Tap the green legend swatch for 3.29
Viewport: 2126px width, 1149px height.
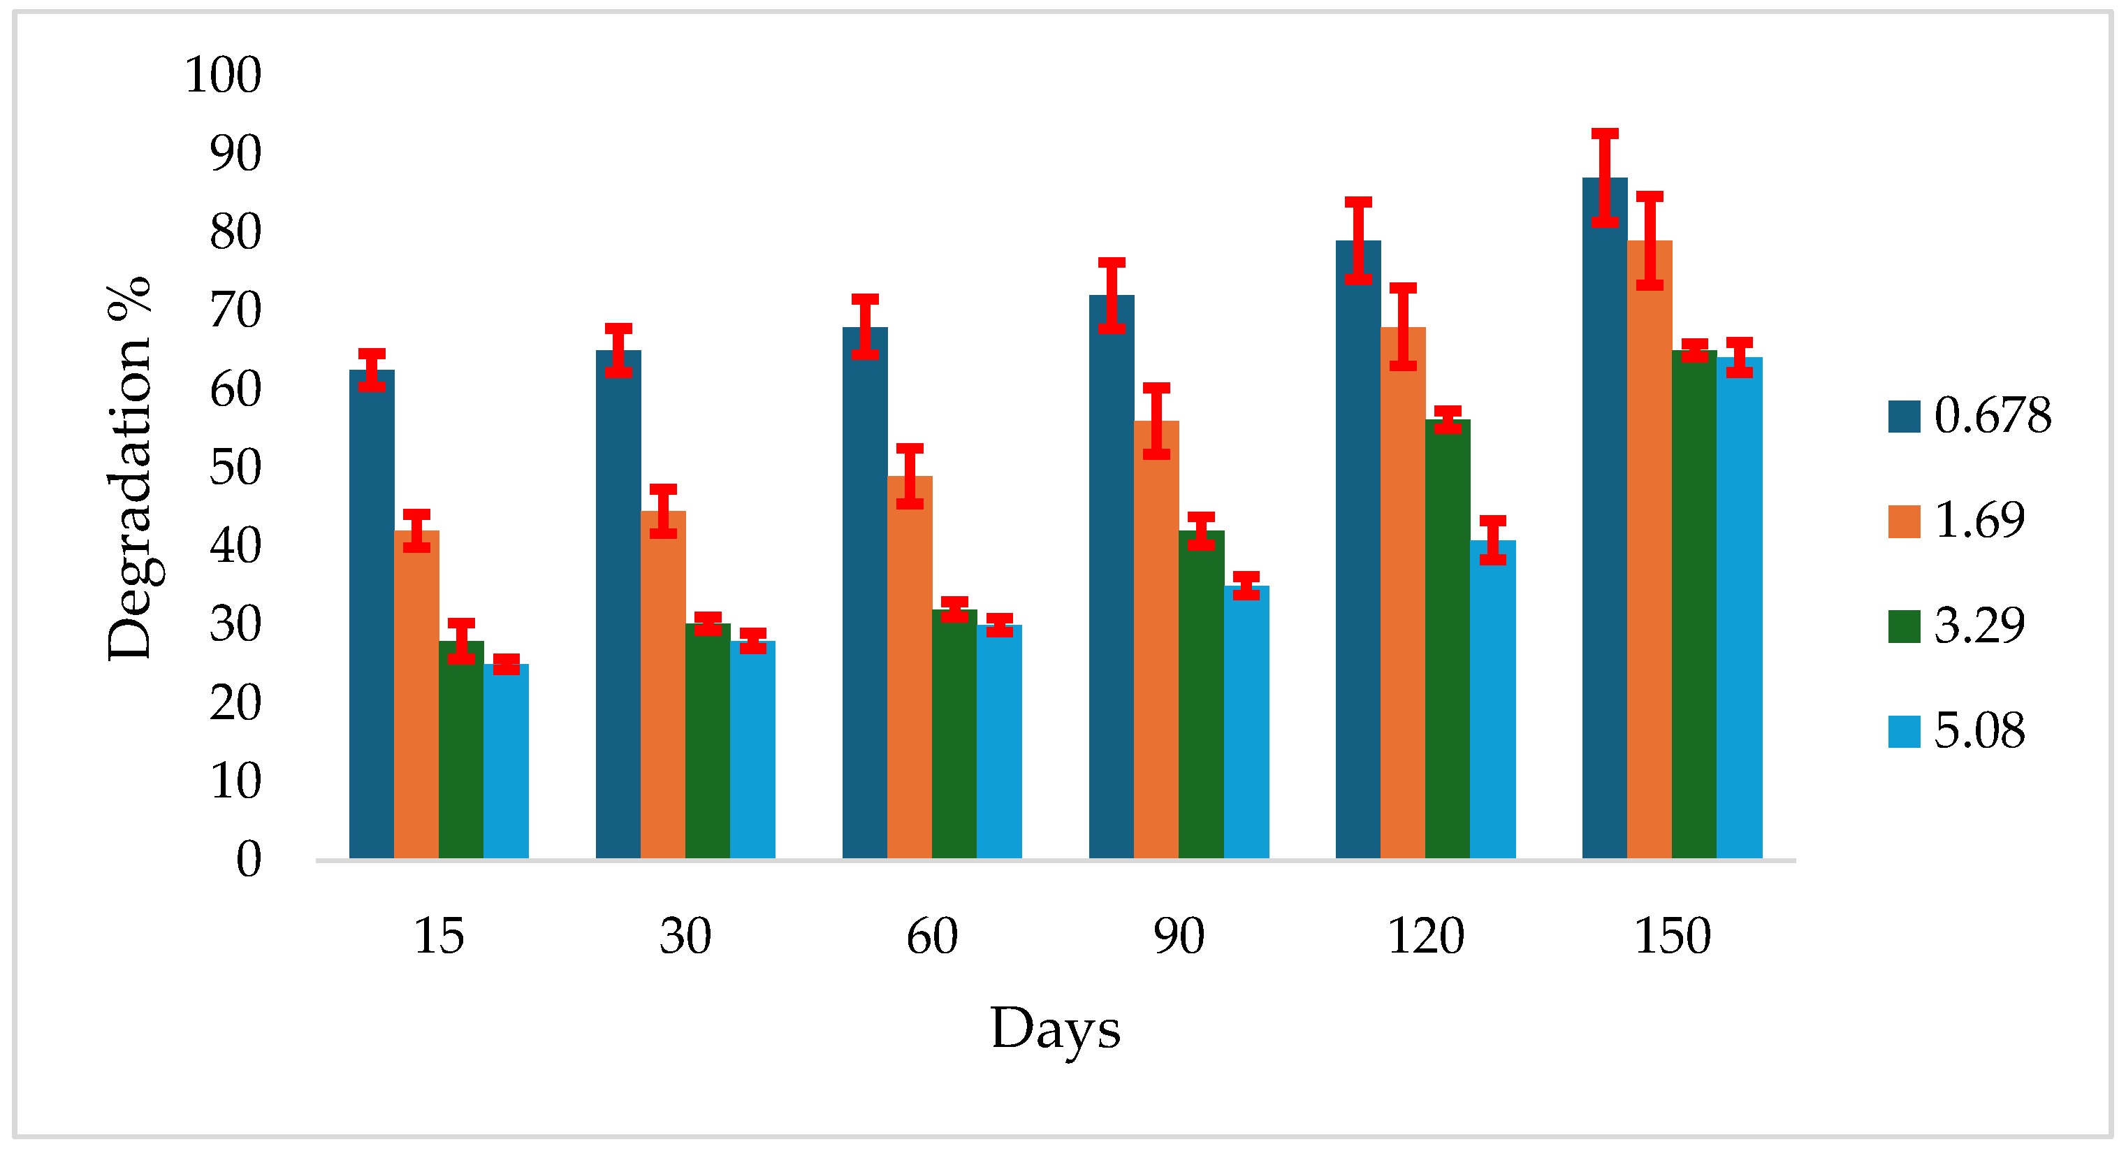tap(1904, 626)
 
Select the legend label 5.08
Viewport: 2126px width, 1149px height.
tap(1979, 730)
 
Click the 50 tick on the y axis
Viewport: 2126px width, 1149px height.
tap(235, 468)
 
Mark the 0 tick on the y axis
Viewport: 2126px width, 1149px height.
tap(249, 859)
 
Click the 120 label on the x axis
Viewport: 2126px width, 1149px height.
tap(1425, 936)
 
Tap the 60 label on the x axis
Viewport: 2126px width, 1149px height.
tap(932, 936)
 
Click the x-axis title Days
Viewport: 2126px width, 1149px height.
tap(1055, 1029)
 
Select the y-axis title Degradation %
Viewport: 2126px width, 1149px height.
tap(129, 468)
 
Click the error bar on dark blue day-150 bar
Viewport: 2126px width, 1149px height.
tap(1604, 178)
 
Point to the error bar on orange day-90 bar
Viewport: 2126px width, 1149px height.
tap(1156, 421)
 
